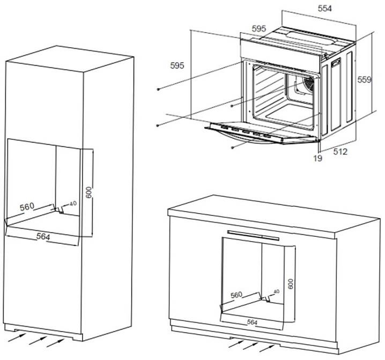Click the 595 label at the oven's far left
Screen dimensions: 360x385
177,65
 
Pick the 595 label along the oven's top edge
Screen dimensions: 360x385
259,28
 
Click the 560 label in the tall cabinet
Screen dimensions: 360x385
27,206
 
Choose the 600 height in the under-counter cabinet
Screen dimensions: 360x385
290,283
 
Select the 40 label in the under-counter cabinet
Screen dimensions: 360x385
276,291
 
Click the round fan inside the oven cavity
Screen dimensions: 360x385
307,82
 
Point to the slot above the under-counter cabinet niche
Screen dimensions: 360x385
253,234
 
